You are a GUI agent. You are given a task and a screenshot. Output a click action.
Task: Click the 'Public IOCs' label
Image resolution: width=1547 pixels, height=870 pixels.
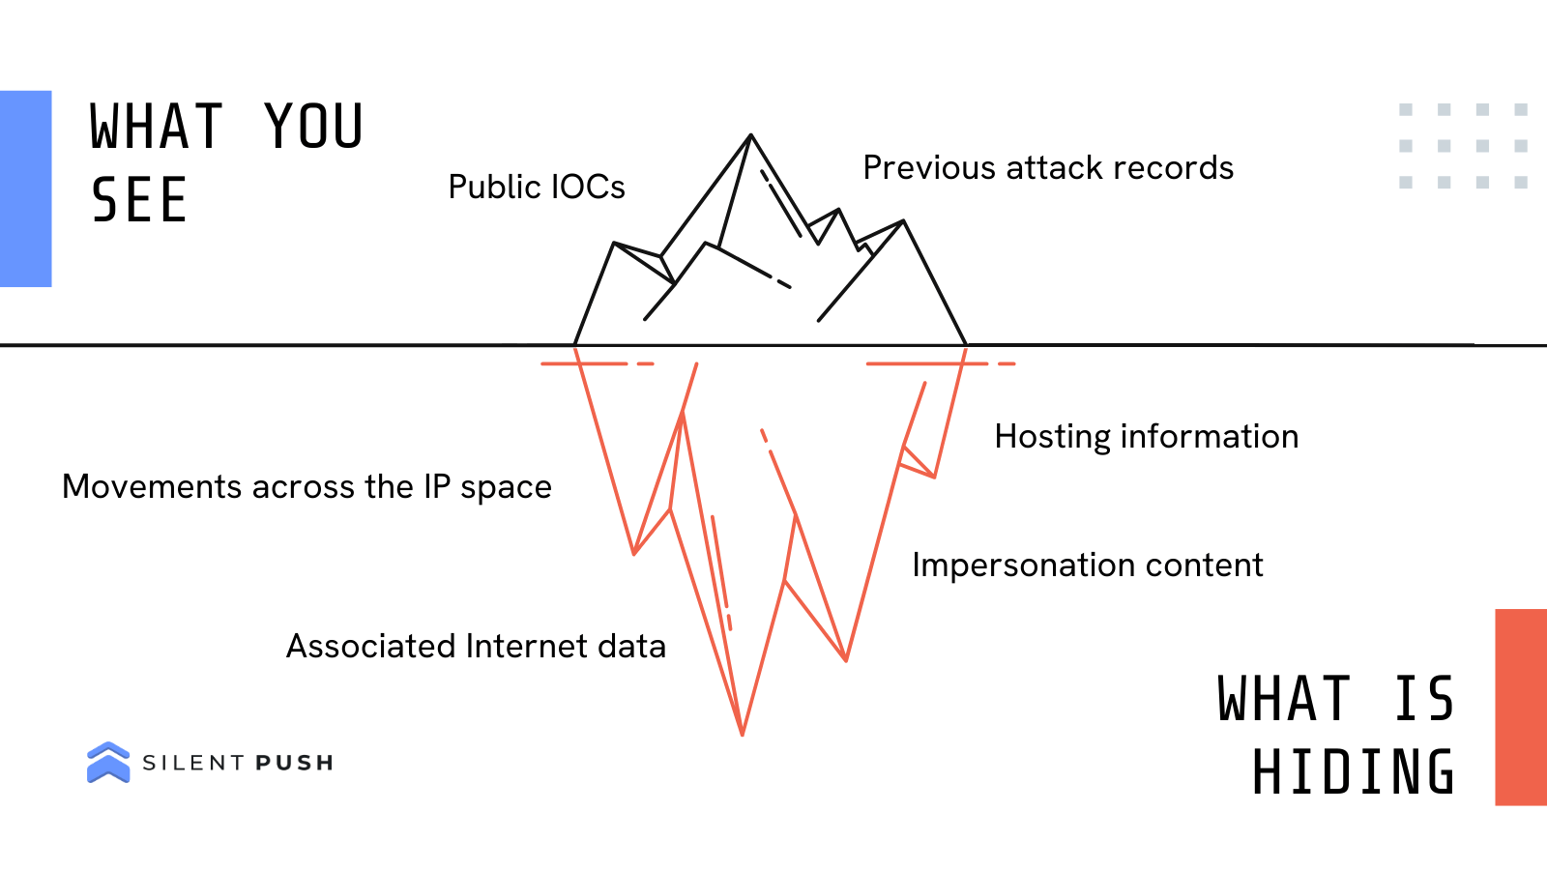coord(537,187)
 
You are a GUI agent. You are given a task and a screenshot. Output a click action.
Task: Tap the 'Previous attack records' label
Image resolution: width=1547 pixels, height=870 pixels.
coord(1048,168)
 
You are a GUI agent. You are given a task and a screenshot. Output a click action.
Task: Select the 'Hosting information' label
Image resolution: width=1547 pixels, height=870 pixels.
coord(1146,437)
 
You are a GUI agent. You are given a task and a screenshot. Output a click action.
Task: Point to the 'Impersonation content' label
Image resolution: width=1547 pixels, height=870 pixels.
coord(1087,565)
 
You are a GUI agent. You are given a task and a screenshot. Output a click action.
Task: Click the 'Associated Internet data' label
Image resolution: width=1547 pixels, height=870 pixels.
coord(476,646)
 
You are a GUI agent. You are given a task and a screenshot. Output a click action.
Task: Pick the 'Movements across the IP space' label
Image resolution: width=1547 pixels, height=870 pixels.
coord(306,487)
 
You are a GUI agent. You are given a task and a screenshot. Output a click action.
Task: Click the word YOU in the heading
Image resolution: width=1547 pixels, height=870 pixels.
coord(314,127)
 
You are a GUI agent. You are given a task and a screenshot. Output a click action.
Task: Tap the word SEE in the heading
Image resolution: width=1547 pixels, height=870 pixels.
coord(139,201)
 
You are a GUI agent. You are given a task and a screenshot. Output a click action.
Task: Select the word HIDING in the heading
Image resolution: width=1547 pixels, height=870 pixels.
coord(1353,772)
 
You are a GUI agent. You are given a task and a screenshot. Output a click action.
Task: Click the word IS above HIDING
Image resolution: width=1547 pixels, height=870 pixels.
coord(1423,699)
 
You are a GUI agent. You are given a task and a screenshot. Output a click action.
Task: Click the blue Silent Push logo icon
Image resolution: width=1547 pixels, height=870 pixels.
coord(108,762)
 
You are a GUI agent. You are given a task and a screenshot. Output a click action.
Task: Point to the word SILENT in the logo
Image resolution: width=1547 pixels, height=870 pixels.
coord(193,764)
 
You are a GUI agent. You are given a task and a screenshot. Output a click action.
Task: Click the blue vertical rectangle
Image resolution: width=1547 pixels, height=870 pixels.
coord(25,188)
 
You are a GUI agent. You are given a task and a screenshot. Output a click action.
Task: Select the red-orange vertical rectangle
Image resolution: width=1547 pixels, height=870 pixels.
coord(1521,707)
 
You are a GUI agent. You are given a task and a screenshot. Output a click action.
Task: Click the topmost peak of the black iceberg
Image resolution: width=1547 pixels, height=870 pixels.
coord(750,136)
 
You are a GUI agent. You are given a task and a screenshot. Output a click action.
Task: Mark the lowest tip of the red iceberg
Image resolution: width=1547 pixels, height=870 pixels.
coord(742,734)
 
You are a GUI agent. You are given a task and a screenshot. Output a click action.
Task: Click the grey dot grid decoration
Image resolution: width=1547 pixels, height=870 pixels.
coord(1463,146)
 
